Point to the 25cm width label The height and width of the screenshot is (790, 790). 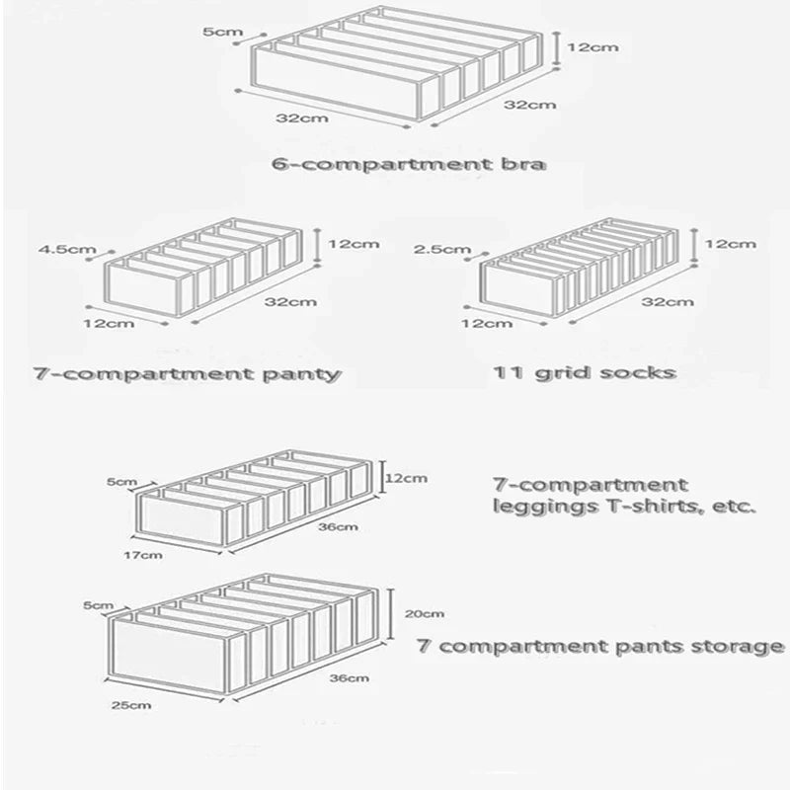pos(132,705)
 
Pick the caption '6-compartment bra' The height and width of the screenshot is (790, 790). pos(407,162)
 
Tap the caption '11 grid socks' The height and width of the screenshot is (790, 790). pos(585,372)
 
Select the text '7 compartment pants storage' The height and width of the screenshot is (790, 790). pos(600,647)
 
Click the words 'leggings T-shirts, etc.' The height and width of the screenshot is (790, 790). pos(623,508)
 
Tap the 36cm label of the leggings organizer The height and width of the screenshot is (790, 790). pos(338,526)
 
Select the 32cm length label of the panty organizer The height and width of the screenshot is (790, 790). pos(282,301)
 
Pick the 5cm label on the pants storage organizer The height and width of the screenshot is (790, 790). pos(99,604)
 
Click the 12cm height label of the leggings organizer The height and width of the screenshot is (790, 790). pos(406,478)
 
